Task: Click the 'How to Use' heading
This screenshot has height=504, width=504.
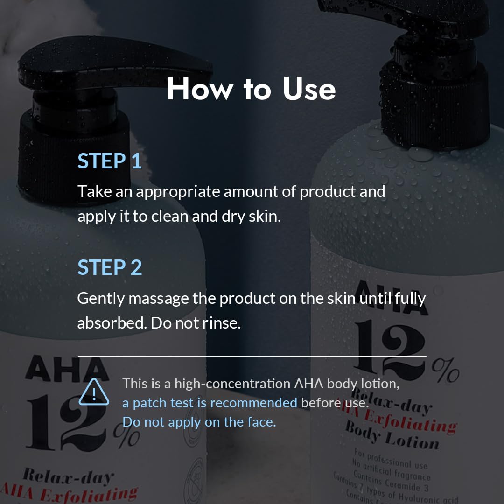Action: click(x=251, y=89)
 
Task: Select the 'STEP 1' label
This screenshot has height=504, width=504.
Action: click(x=110, y=161)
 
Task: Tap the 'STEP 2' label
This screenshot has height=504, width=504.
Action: click(x=110, y=268)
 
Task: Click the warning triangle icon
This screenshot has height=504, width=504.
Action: click(x=94, y=393)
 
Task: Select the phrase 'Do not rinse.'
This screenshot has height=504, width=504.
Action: click(x=196, y=323)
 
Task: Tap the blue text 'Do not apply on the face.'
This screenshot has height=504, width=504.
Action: click(x=199, y=422)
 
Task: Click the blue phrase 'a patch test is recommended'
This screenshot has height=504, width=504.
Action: click(x=210, y=403)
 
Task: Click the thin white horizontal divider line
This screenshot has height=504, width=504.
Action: click(x=252, y=356)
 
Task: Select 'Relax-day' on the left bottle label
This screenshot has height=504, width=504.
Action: click(x=68, y=476)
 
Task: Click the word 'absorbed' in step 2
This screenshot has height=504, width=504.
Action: click(x=111, y=323)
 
